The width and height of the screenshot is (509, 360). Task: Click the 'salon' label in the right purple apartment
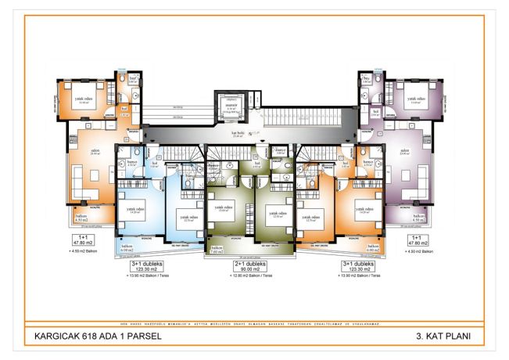point(405,151)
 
